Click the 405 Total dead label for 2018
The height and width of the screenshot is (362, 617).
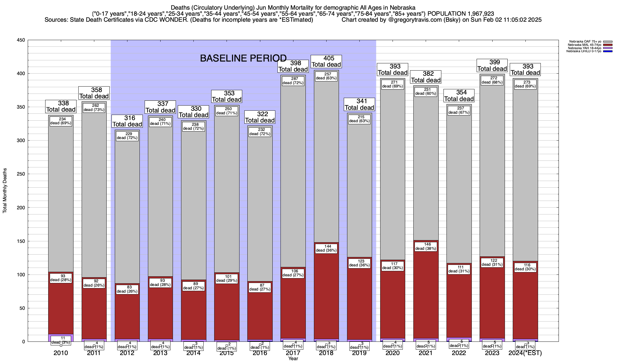[326, 61]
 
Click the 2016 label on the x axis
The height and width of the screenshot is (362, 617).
[260, 353]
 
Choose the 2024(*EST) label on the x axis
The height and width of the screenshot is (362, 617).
[525, 353]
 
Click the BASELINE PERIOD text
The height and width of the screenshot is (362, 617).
[243, 58]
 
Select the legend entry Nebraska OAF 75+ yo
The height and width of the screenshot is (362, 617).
[585, 42]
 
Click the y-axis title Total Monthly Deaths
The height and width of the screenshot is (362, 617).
[5, 191]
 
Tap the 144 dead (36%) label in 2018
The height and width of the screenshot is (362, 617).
[326, 248]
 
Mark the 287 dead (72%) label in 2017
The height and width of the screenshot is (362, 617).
[293, 81]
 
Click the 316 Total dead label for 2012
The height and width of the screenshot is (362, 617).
[127, 121]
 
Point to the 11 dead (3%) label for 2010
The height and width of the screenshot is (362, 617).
[61, 340]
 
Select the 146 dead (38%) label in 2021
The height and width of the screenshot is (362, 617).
[426, 246]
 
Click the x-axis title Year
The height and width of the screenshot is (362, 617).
[293, 359]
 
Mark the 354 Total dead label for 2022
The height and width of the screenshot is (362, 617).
[459, 96]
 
